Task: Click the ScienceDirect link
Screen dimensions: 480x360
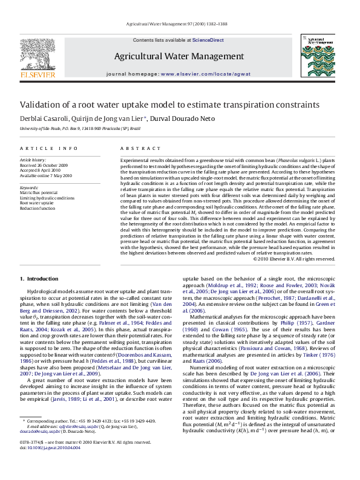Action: click(x=208, y=40)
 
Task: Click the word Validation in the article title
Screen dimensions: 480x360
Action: click(x=40, y=105)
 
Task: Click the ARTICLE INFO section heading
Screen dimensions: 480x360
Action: click(x=48, y=148)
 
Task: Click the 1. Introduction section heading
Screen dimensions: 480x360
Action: click(x=39, y=279)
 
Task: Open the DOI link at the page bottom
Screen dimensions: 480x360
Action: click(x=46, y=465)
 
